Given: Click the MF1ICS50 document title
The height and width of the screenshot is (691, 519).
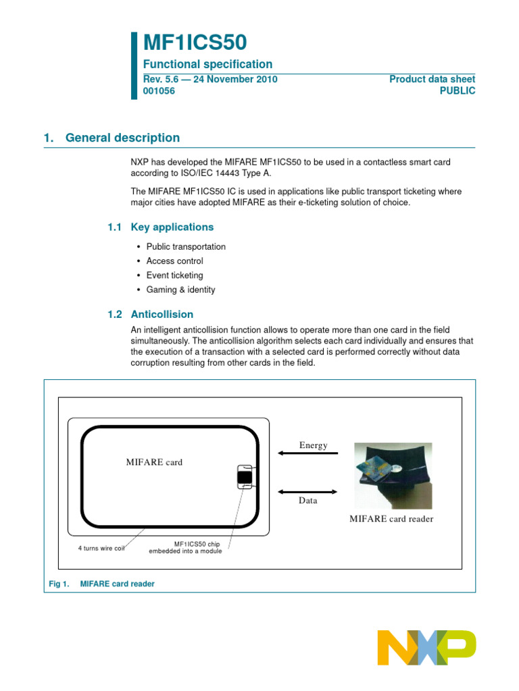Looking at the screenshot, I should click(195, 43).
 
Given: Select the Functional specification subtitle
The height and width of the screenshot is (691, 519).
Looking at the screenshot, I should click(207, 64).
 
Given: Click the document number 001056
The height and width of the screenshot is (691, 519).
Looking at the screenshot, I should click(159, 91).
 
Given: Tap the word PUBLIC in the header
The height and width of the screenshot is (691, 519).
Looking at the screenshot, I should click(458, 91).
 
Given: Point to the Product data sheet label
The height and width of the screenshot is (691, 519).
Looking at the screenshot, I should click(432, 79).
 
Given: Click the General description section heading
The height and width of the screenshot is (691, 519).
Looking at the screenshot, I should click(122, 138).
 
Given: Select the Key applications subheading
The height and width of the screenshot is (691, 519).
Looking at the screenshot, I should click(172, 227).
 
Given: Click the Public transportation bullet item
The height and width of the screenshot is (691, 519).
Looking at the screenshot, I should click(186, 247).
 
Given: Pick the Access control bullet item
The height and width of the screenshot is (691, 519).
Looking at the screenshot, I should click(174, 261).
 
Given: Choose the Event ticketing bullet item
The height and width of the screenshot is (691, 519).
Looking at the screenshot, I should click(174, 275).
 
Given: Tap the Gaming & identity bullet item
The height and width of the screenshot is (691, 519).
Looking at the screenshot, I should click(180, 289).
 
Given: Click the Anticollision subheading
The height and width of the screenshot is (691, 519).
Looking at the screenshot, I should click(162, 314).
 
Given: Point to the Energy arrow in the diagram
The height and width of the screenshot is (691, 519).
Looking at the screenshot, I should click(307, 453).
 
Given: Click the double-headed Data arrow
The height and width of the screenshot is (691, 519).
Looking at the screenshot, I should click(307, 491).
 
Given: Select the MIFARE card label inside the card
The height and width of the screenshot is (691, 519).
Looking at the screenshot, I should click(154, 462).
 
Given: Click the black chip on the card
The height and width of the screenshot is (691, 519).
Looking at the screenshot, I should click(244, 478).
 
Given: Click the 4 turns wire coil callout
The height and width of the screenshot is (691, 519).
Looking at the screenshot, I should click(101, 547).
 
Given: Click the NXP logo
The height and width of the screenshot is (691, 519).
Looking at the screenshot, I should click(426, 648).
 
